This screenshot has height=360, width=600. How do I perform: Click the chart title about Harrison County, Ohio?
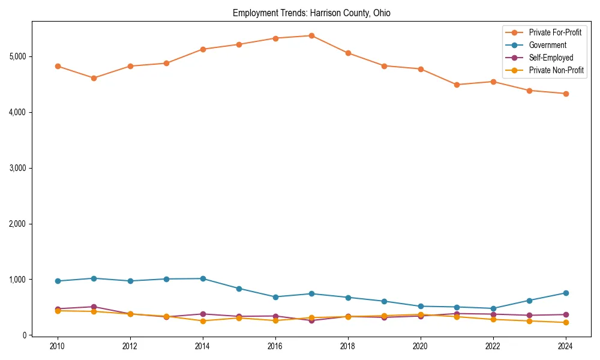[311, 13]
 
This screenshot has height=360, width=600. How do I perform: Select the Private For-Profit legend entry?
[555, 32]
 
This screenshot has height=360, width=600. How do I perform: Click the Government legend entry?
[547, 45]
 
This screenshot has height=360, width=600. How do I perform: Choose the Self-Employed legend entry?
[551, 58]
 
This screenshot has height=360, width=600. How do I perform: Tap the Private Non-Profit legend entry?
[556, 70]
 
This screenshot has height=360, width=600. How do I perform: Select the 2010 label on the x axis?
[58, 346]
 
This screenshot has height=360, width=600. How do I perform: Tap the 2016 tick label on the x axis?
[275, 346]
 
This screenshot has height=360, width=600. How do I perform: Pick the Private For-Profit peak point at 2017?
[311, 35]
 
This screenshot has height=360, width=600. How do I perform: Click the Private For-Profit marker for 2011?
[94, 78]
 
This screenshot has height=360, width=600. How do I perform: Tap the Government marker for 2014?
[203, 278]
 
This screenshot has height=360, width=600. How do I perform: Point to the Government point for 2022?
[493, 308]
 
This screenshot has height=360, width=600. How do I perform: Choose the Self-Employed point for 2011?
[94, 307]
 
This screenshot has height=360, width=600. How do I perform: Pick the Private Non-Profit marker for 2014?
[203, 321]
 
